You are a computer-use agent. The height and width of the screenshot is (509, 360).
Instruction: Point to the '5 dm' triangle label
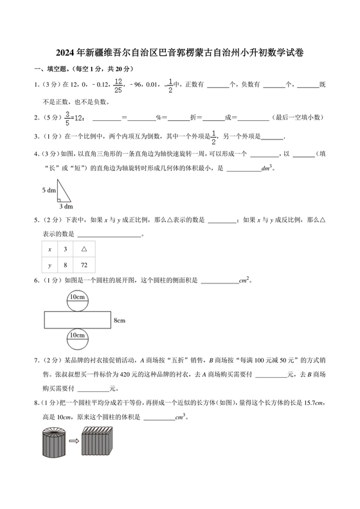49,190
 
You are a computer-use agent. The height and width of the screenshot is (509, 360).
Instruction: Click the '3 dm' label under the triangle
66,206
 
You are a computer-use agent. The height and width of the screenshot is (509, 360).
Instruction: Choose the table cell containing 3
65,248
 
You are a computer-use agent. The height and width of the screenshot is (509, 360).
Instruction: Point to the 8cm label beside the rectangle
119,319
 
